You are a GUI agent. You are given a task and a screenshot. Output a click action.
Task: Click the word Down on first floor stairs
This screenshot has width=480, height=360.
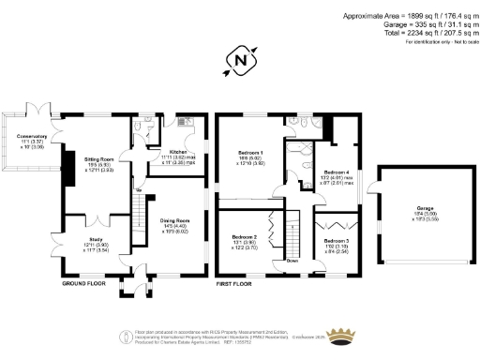coord(292,260)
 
